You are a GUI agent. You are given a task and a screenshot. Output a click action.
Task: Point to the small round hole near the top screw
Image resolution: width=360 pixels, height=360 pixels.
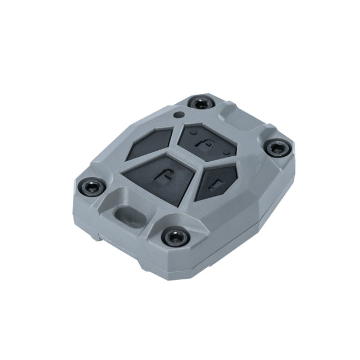178,115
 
